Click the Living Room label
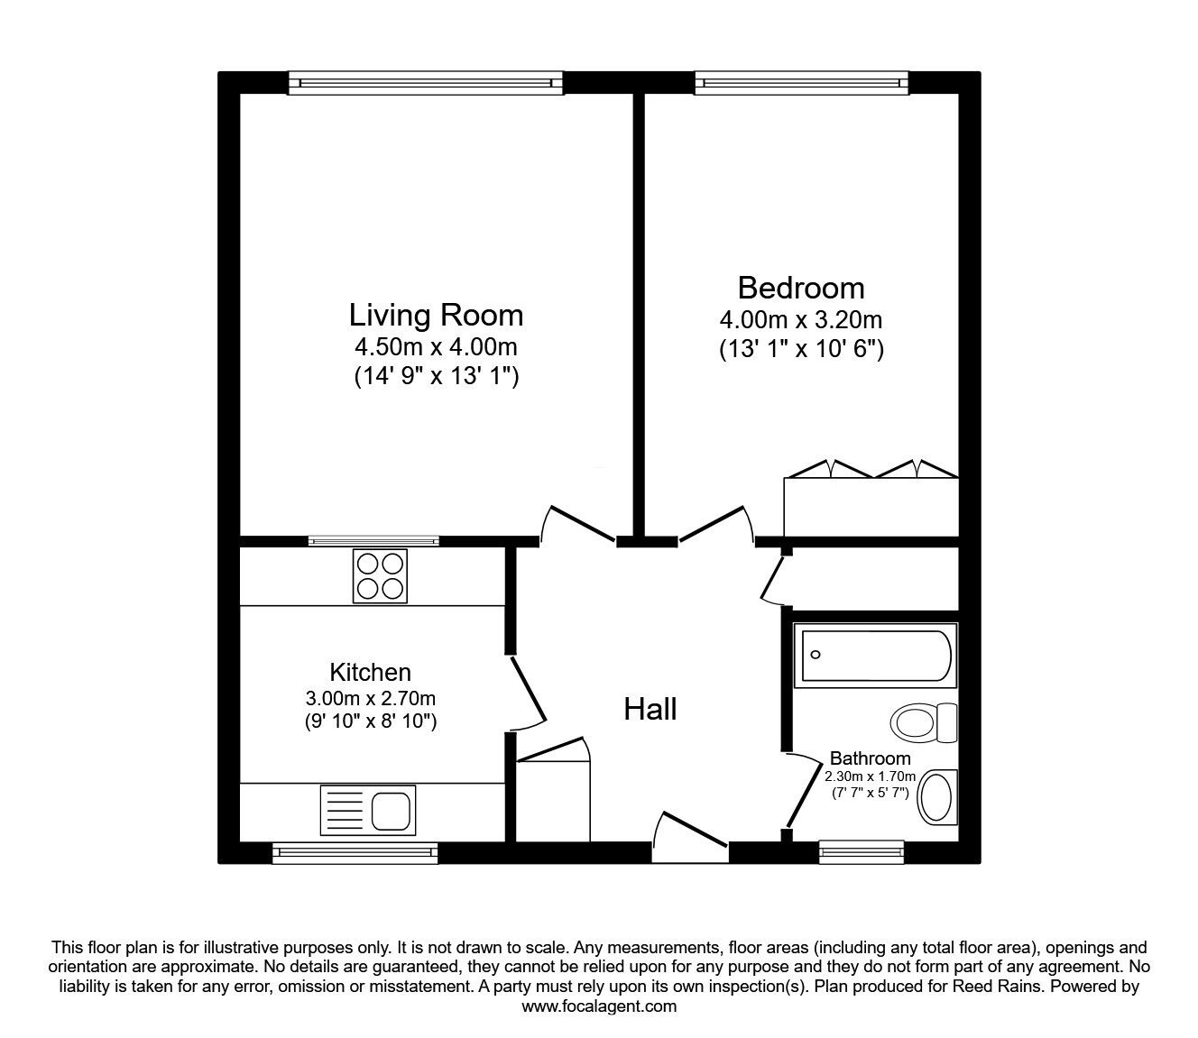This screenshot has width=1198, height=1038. (x=436, y=315)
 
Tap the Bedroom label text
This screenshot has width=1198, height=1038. (x=800, y=288)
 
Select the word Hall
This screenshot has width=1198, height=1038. (x=650, y=710)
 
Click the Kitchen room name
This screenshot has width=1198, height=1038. (x=370, y=672)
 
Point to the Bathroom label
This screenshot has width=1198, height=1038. (x=870, y=758)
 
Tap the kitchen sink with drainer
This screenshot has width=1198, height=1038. (x=367, y=809)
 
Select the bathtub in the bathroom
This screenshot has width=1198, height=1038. (x=875, y=656)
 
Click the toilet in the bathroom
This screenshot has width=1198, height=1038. (x=923, y=722)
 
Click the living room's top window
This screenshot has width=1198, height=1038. (x=426, y=83)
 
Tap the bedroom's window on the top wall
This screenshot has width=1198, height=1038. (x=801, y=83)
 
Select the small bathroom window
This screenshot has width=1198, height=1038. (x=861, y=851)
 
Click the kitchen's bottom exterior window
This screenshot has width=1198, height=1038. (x=355, y=852)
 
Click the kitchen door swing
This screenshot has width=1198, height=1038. (x=526, y=692)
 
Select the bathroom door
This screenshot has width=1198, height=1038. (x=797, y=790)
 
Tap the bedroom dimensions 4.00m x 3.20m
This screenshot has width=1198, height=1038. (x=800, y=319)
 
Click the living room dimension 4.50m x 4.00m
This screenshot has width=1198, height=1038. (x=436, y=346)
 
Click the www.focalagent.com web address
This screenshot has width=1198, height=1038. (x=599, y=1006)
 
